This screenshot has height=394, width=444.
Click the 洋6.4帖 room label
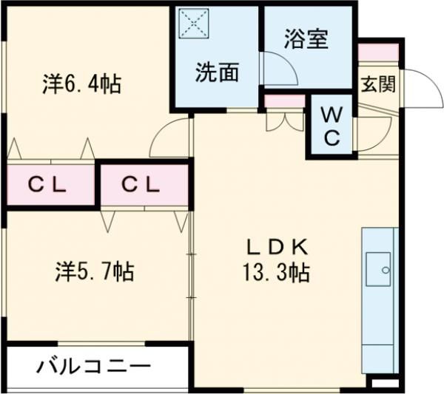coord(81,84)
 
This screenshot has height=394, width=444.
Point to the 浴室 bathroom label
coord(306,39)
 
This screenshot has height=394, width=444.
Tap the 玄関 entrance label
coord(377,84)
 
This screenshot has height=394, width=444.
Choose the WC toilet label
coord(332,126)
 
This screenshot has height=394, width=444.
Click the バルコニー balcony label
coord(92,366)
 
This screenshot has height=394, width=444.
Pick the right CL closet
coord(141,185)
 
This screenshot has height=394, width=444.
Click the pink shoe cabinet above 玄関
coord(378,52)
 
